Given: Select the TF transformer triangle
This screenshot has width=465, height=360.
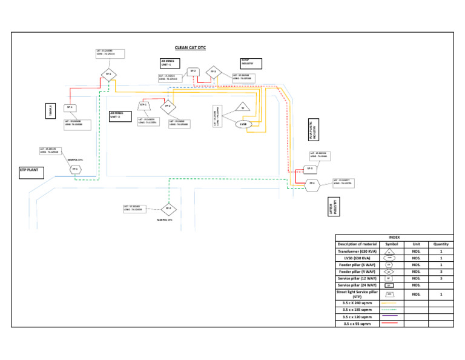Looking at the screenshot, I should click(x=242, y=108).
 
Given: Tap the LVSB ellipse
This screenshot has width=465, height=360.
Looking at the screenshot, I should click(x=243, y=124).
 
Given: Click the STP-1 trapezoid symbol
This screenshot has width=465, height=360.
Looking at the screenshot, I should click(x=144, y=105).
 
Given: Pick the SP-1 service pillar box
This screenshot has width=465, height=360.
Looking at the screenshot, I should click(x=70, y=107).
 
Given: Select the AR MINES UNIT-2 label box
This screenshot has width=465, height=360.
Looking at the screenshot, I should click(x=119, y=115).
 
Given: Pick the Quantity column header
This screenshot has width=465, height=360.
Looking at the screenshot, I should click(x=442, y=244).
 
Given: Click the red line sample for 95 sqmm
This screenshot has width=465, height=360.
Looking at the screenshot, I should click(x=391, y=324).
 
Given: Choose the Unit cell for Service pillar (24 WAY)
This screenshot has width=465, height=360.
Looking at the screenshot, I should click(x=416, y=285).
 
